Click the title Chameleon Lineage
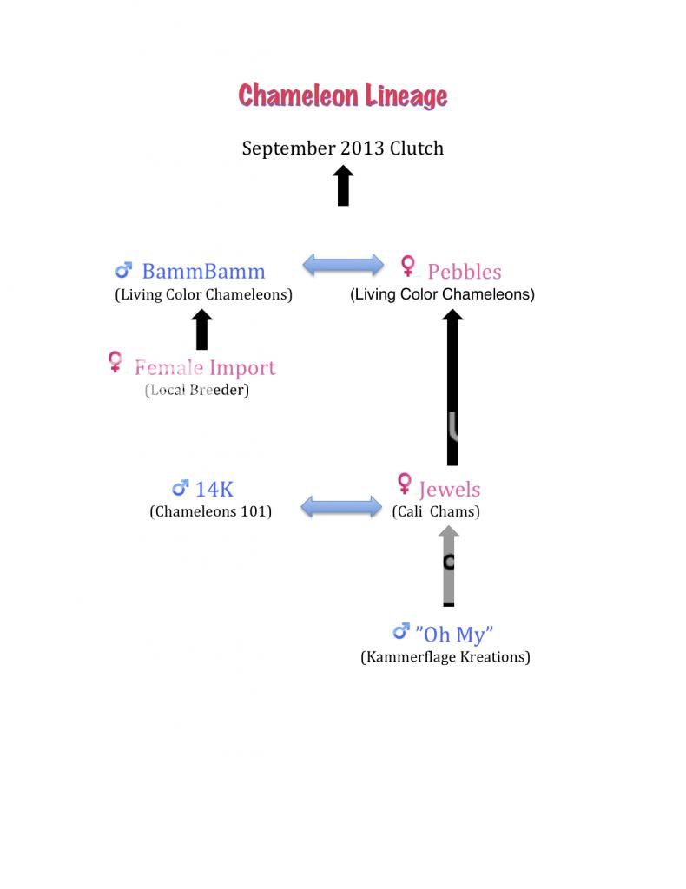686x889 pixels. click(343, 95)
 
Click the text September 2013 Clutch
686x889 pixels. click(343, 148)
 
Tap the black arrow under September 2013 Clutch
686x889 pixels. click(343, 186)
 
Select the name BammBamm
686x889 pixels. click(203, 271)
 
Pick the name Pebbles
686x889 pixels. click(465, 272)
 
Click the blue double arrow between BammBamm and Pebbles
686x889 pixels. click(343, 265)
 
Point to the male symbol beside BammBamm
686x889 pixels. click(123, 270)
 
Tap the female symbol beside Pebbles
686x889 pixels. click(407, 266)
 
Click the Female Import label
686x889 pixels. click(205, 367)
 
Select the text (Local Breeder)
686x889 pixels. click(197, 390)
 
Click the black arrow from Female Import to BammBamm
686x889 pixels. click(201, 329)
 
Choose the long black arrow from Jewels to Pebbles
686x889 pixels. click(452, 387)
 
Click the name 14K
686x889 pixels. click(214, 490)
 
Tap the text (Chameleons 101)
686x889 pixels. click(210, 511)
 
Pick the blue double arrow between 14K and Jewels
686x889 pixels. click(341, 506)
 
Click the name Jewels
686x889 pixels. click(450, 490)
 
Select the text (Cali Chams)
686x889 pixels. click(436, 511)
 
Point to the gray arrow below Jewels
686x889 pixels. click(448, 566)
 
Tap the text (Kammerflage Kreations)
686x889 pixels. click(445, 656)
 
